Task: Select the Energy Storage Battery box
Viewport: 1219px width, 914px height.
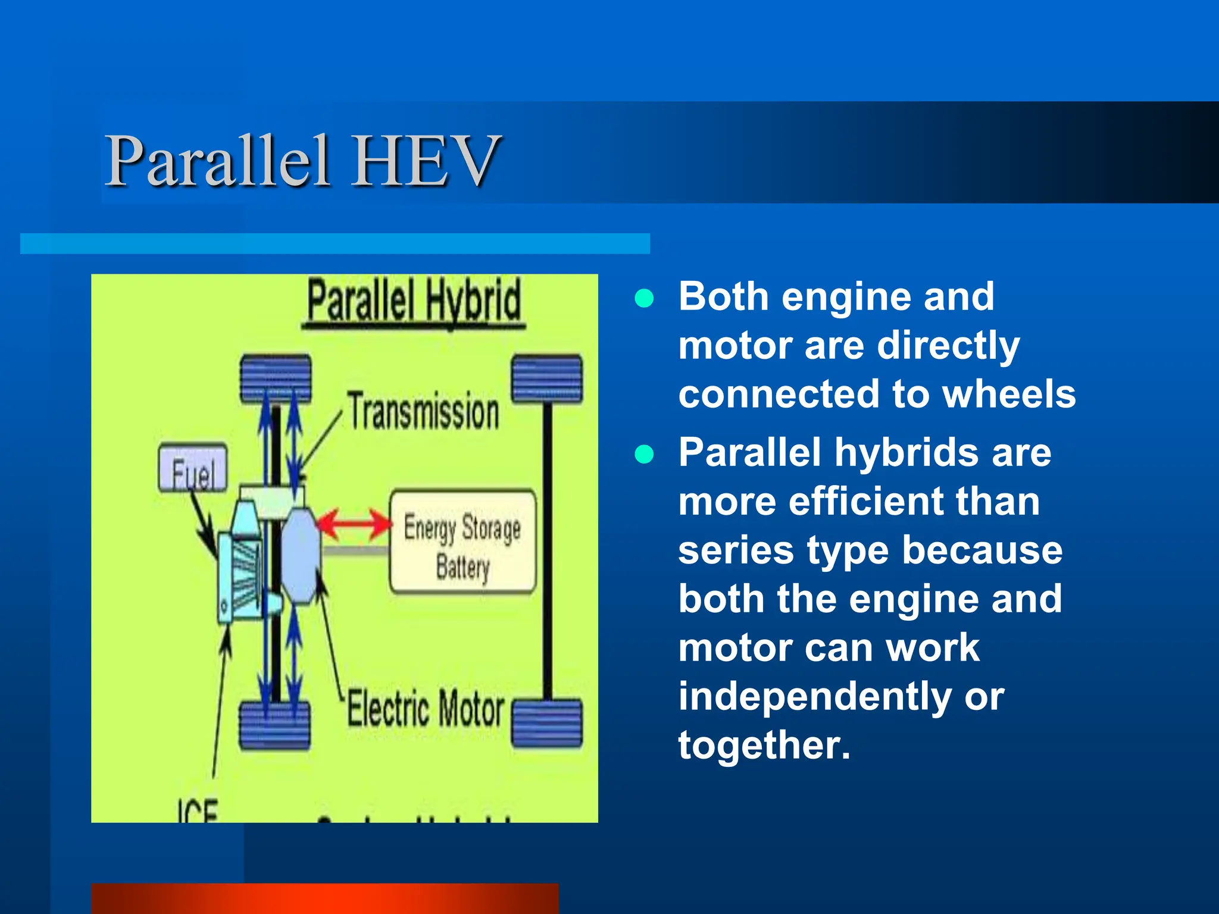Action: pyautogui.click(x=462, y=542)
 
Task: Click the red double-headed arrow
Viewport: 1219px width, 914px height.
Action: pyautogui.click(x=354, y=524)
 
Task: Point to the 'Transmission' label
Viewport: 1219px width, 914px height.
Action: pyautogui.click(x=424, y=412)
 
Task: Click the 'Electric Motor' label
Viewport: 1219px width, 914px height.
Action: pyautogui.click(x=426, y=709)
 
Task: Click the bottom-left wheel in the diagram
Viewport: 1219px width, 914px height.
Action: pyautogui.click(x=274, y=725)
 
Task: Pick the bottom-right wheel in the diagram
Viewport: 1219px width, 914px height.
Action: pyautogui.click(x=547, y=723)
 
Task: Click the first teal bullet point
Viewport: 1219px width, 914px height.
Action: pyautogui.click(x=644, y=298)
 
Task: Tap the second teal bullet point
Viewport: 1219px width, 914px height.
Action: pyautogui.click(x=644, y=454)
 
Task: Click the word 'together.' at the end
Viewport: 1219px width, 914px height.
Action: pyautogui.click(x=764, y=746)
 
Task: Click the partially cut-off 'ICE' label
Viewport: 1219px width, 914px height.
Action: pyautogui.click(x=198, y=811)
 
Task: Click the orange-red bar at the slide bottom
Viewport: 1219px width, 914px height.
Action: pyautogui.click(x=325, y=898)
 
